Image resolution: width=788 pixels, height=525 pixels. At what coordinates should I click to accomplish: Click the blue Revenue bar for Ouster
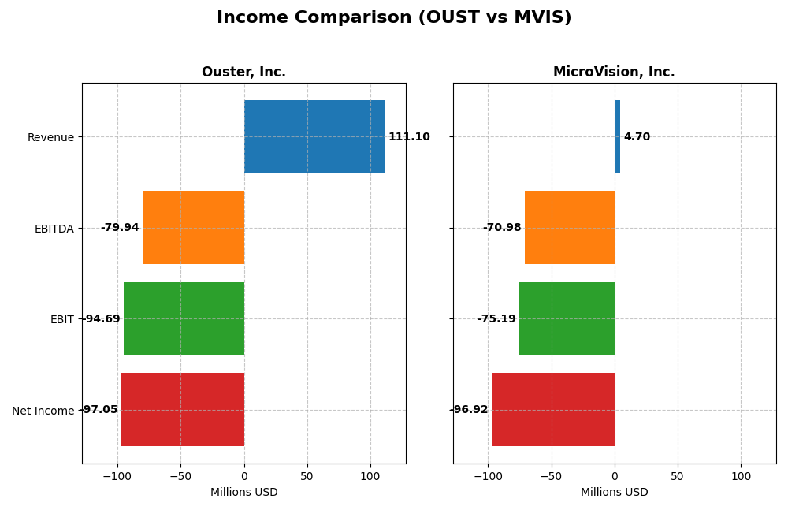[314, 136]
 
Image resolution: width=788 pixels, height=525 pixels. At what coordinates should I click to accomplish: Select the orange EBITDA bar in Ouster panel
[193, 228]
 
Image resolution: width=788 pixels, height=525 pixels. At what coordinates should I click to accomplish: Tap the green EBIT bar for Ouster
[184, 318]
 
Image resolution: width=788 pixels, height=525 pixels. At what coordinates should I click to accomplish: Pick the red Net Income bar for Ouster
[183, 410]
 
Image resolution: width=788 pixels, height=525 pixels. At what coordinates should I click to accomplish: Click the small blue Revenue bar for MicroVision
[618, 136]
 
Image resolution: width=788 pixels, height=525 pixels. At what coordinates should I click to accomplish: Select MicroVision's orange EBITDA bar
[570, 228]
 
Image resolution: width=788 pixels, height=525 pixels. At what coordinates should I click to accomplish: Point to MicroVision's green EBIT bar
[567, 318]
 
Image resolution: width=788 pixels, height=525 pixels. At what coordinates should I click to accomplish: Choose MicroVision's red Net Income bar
[553, 410]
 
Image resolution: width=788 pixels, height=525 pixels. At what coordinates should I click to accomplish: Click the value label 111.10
[409, 137]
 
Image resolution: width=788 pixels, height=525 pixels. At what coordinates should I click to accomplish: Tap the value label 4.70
[637, 137]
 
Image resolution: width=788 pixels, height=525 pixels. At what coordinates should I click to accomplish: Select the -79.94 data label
[120, 228]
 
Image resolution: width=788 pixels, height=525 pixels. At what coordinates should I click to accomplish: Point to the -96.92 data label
[469, 410]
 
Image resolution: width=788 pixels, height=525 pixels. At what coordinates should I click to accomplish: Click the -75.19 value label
[496, 319]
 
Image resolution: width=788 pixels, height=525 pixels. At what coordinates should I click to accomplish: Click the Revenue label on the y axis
[50, 138]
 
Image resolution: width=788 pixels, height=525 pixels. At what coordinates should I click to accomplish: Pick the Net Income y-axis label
[43, 411]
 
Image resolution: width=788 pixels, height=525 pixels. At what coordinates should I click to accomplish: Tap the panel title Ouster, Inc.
[243, 73]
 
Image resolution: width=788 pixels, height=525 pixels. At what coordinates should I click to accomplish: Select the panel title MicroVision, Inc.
[614, 73]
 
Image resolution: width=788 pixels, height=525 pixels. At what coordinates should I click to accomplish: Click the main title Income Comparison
[394, 18]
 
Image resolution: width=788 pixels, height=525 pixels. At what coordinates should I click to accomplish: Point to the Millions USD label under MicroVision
[614, 493]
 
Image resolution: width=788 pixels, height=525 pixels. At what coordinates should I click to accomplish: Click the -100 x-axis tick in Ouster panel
[117, 477]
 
